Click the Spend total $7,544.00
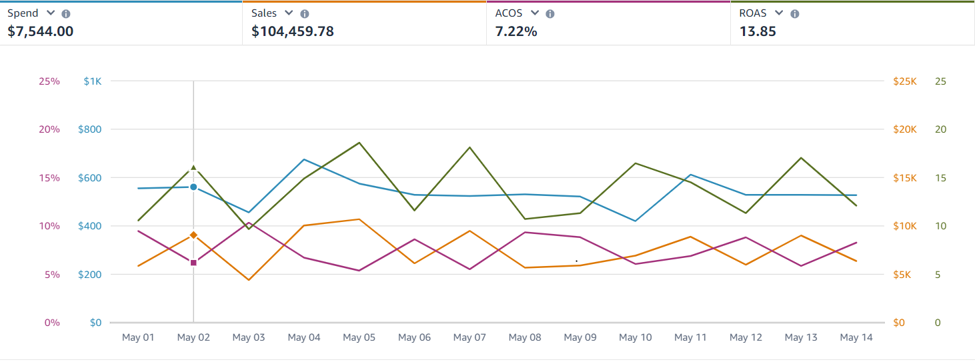[x=41, y=31]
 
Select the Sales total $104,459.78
[x=293, y=31]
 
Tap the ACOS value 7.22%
[x=516, y=31]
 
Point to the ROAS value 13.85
[x=758, y=31]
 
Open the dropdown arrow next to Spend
[x=51, y=13]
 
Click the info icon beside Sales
[x=305, y=14]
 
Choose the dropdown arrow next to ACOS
[x=534, y=13]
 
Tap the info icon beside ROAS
[x=794, y=14]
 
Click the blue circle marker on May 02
[x=193, y=187]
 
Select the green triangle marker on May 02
[x=193, y=168]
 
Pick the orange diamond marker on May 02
[x=193, y=235]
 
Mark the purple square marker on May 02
[x=193, y=263]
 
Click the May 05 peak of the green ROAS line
[x=359, y=143]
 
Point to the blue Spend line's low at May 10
[x=636, y=221]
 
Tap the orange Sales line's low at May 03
[x=249, y=279]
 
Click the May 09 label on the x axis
[x=580, y=338]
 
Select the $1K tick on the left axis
[x=93, y=81]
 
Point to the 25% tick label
[x=49, y=81]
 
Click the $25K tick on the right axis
[x=905, y=81]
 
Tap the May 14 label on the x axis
[x=856, y=338]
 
